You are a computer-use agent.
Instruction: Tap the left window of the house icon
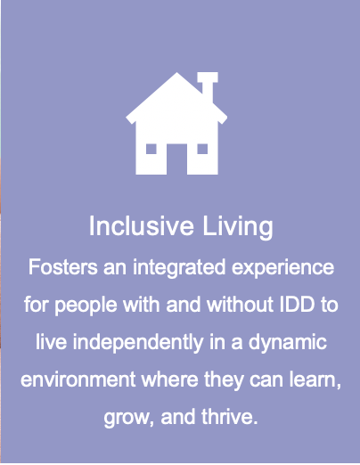(x=151, y=148)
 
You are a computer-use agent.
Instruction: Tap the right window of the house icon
(x=204, y=148)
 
